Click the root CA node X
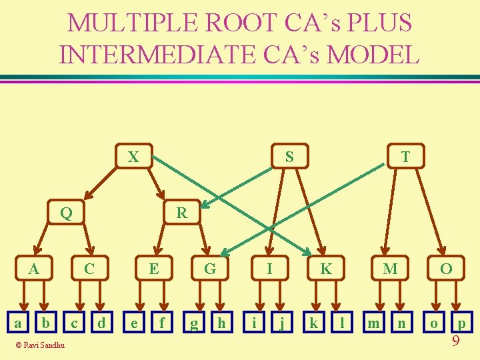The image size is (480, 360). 133,157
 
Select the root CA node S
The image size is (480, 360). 289,157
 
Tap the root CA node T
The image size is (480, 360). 404,157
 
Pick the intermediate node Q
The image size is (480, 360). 65,213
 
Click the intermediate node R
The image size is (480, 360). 181,213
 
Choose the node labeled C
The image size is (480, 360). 89,269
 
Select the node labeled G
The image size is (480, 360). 210,269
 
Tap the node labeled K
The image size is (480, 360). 325,269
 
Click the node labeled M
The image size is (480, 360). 390,269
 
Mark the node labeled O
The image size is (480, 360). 446,269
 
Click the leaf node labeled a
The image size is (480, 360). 18,323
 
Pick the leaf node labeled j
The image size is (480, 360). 283,324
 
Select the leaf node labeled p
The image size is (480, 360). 461,324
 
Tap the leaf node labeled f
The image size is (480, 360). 161,323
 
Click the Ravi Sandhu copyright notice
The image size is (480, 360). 42,345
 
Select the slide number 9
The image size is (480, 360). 456,341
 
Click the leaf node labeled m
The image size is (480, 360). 375,323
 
